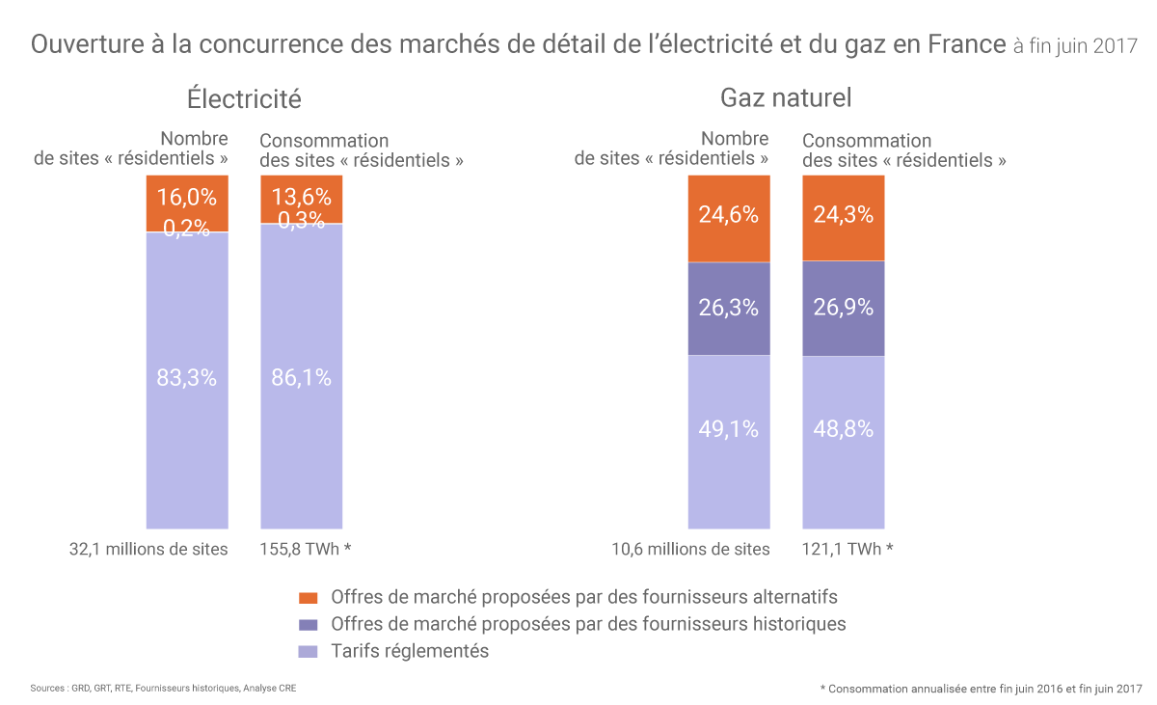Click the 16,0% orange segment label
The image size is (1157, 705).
point(186,198)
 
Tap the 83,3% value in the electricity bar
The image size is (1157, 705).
point(186,378)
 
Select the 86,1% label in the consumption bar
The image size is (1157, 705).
point(301,378)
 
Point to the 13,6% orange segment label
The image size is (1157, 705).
point(301,198)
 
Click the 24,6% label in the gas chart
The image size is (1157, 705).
point(728,215)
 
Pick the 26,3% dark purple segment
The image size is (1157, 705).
point(728,308)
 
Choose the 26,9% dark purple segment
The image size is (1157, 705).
point(843,308)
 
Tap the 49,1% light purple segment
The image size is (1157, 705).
point(728,429)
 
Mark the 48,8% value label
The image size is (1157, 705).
point(843,429)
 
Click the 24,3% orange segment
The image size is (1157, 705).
point(843,215)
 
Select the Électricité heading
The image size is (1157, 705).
point(244,98)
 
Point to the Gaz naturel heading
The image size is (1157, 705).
point(786,98)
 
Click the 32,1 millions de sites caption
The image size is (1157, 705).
point(148,550)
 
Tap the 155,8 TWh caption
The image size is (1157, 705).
point(306,550)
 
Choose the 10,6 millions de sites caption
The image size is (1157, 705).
point(690,550)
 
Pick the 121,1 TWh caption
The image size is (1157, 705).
point(848,550)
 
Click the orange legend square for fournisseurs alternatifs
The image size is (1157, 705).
point(309,597)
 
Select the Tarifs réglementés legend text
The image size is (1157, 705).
point(410,651)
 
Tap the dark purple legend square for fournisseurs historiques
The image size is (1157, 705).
point(309,624)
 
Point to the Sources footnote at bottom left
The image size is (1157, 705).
point(170,689)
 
